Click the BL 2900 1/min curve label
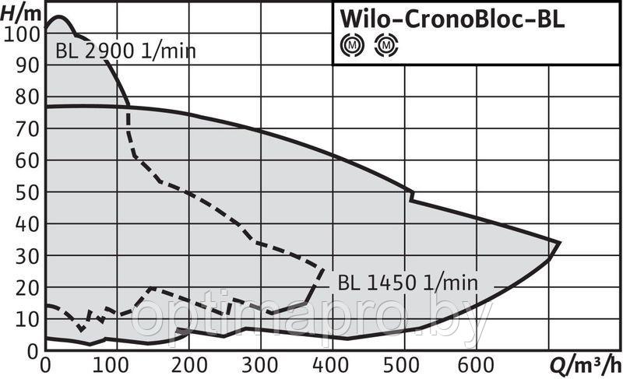(x=126, y=52)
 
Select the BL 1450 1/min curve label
(x=407, y=282)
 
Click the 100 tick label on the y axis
(x=21, y=33)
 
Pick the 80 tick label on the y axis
(x=26, y=97)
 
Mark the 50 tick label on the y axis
(x=26, y=192)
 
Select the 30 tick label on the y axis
(x=26, y=256)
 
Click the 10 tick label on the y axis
(x=26, y=319)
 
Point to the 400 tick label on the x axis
(x=333, y=364)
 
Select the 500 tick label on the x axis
(x=405, y=364)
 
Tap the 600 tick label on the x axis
(x=477, y=364)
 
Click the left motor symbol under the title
(x=353, y=47)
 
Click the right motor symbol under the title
(x=385, y=47)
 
